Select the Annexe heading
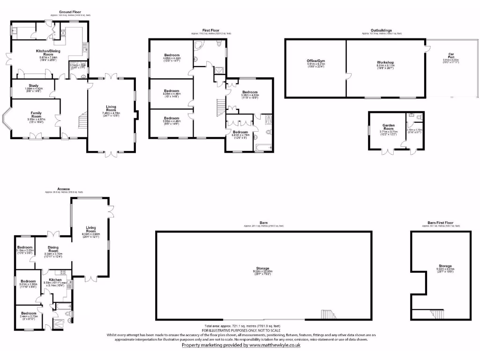coord(64,189)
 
